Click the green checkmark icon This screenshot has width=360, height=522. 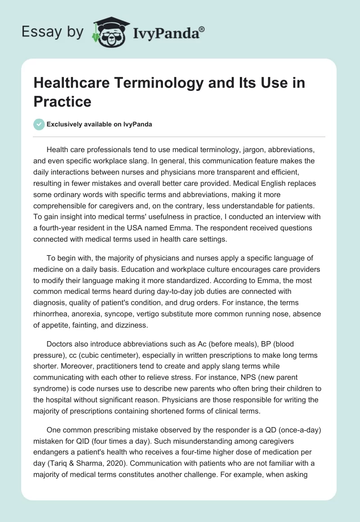(x=39, y=124)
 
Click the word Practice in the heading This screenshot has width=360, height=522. (x=63, y=101)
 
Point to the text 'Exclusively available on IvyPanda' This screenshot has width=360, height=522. (x=99, y=124)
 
